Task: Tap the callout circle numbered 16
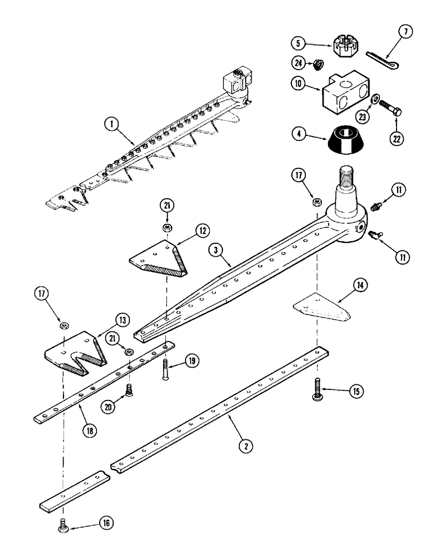point(106,522)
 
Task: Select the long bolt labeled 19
point(164,369)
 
